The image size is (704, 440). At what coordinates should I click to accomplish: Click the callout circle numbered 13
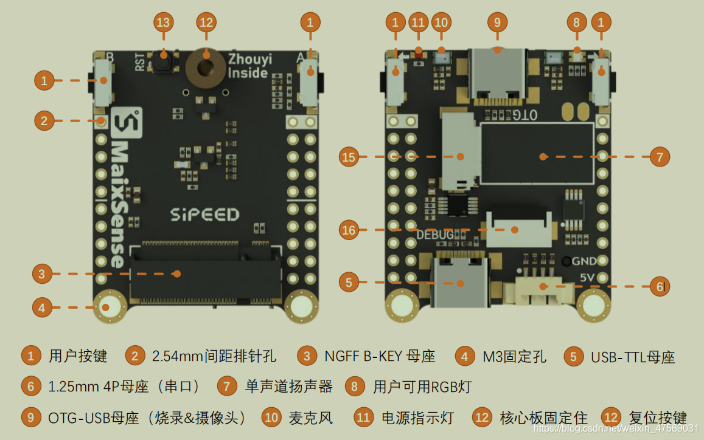pos(163,23)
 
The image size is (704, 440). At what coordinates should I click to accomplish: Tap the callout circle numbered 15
pos(349,157)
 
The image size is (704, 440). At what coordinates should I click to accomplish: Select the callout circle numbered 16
pos(349,230)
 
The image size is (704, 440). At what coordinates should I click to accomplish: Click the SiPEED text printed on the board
pos(204,215)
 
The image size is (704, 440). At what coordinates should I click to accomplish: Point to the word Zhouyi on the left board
pos(249,60)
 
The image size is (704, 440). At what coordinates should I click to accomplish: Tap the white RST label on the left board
pos(141,62)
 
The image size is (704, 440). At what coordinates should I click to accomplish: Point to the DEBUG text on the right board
pos(435,235)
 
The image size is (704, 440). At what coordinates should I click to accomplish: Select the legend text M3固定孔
pos(514,356)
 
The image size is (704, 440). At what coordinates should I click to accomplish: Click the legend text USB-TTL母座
pos(633,357)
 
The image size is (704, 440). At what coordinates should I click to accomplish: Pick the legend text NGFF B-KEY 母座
pos(380,356)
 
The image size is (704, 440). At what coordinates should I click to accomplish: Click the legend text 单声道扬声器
pos(289,387)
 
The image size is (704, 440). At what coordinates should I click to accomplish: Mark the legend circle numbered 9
pos(30,418)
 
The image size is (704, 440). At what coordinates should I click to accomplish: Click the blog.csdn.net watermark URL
pos(615,428)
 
